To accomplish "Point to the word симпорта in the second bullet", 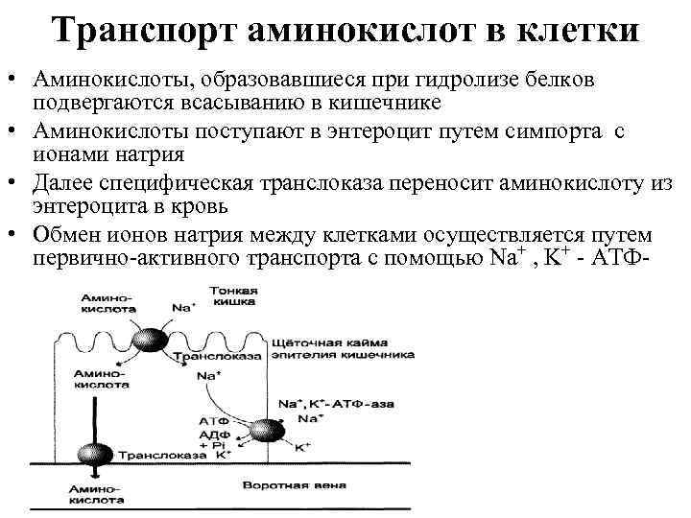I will [x=544, y=132].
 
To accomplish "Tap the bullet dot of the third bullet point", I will [x=15, y=180].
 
